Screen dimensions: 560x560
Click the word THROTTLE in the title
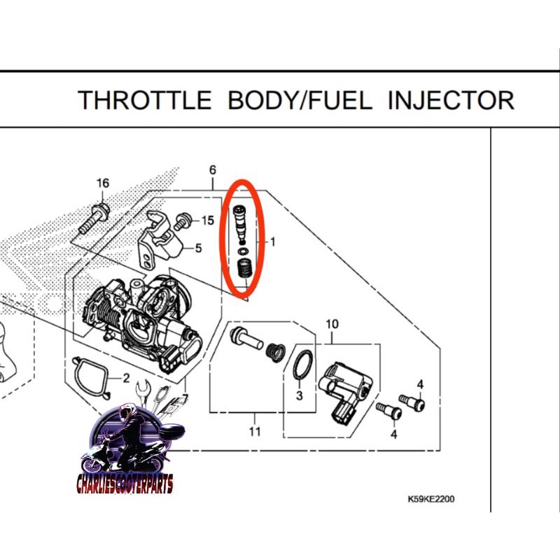pyautogui.click(x=144, y=100)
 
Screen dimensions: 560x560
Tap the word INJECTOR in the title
pyautogui.click(x=451, y=100)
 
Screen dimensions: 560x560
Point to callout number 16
pyautogui.click(x=103, y=183)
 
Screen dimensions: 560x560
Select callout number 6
pyautogui.click(x=213, y=170)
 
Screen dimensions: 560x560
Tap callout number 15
pyautogui.click(x=207, y=220)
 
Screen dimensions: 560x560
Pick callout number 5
pyautogui.click(x=198, y=247)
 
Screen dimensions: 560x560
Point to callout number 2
pyautogui.click(x=127, y=379)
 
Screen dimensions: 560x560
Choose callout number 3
pyautogui.click(x=299, y=396)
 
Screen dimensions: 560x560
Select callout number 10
pyautogui.click(x=332, y=323)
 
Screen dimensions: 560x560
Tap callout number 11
pyautogui.click(x=255, y=431)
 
